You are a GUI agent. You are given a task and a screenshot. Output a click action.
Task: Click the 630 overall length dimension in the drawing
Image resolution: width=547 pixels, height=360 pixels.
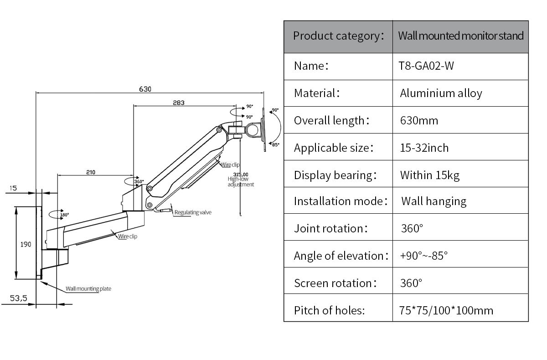[x=145, y=89]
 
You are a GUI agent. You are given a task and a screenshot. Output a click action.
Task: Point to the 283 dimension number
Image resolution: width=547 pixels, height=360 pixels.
[x=179, y=103]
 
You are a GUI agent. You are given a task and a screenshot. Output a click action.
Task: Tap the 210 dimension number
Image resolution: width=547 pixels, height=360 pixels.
[x=90, y=172]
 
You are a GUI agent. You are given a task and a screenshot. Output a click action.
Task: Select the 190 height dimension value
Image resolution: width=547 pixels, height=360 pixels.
[x=26, y=245]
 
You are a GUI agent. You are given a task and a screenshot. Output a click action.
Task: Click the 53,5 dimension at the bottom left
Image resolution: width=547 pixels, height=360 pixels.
[x=19, y=298]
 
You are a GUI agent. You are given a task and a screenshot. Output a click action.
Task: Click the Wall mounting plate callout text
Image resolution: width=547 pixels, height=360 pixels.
[x=88, y=288]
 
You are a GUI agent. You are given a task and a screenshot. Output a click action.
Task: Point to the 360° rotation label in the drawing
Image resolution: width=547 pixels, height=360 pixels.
[x=139, y=181]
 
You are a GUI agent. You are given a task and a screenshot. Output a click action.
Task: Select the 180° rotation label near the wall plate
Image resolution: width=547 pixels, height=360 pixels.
[x=64, y=215]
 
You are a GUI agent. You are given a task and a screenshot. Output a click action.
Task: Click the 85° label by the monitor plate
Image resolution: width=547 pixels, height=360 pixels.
[x=275, y=144]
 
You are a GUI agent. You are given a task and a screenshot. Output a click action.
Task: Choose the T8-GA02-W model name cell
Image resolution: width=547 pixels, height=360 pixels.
[x=426, y=66]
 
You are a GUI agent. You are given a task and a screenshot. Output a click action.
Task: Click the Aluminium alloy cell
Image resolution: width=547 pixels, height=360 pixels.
[x=441, y=93]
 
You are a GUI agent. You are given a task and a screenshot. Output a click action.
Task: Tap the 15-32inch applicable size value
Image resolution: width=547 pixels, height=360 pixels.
[x=424, y=148]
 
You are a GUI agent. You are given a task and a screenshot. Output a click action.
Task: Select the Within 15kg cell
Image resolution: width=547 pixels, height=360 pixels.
[x=429, y=175]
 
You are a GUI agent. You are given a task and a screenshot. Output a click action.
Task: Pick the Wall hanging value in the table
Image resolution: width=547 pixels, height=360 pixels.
[x=433, y=201]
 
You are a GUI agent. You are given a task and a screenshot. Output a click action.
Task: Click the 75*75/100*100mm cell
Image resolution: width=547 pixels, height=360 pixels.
[x=446, y=311]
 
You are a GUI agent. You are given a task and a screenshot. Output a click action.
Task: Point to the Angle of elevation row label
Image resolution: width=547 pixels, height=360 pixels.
[x=341, y=256]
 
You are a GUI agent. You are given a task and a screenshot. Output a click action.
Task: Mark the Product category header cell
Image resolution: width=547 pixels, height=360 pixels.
[x=338, y=36]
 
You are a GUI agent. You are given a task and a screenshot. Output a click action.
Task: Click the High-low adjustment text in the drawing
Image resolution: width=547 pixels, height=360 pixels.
[x=241, y=182]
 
